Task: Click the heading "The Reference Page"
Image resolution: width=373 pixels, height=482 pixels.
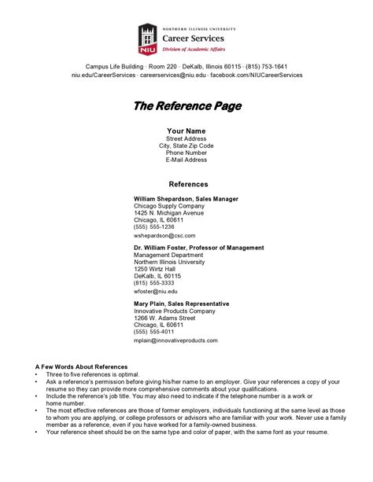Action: (186, 105)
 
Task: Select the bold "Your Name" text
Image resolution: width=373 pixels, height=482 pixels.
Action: (186, 131)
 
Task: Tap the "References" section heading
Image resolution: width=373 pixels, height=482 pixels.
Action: (186, 183)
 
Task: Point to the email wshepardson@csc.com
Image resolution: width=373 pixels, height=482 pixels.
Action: (164, 236)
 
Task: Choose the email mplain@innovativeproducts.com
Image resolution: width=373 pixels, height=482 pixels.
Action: (175, 340)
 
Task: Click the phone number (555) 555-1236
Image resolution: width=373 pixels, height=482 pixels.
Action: (154, 226)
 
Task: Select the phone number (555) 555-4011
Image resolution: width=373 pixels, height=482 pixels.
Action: (154, 332)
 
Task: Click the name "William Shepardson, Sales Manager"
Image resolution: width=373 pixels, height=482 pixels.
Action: (186, 199)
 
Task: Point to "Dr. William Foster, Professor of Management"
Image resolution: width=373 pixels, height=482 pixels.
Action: (198, 248)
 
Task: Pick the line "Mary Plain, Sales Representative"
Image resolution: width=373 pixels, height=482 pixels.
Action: (181, 304)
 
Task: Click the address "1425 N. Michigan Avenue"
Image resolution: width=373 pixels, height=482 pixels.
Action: (168, 213)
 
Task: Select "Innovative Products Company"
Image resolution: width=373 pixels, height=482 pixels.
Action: (174, 311)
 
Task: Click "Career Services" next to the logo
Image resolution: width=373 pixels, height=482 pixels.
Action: (193, 38)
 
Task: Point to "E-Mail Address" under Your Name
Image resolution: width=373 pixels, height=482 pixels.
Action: (186, 160)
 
